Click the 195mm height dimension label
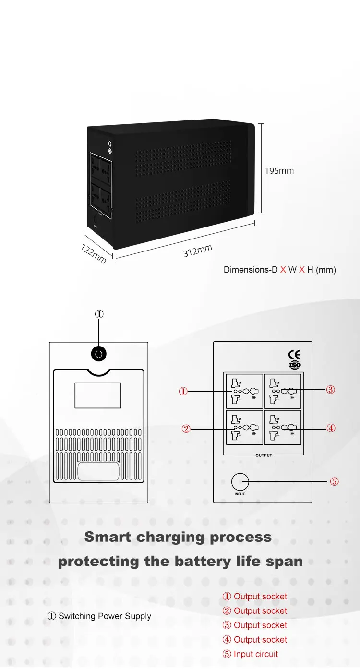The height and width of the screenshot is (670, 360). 279,171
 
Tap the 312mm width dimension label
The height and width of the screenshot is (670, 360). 197,251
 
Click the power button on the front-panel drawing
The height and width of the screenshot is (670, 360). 98,354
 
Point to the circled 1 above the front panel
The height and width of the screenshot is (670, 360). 99,314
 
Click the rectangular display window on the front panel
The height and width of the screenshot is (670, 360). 98,395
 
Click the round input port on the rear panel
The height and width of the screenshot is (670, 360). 240,481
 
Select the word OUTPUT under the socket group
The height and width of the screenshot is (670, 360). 263,455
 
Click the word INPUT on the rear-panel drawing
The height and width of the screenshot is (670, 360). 240,494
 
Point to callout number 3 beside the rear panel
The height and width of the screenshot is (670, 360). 330,390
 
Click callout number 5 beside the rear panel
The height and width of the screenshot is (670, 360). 335,481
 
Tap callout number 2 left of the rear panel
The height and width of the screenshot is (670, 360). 186,429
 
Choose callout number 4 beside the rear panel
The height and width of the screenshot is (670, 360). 330,428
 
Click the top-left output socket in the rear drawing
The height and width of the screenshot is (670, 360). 244,391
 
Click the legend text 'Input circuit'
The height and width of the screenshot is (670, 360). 256,654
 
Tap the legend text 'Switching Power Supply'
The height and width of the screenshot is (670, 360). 105,616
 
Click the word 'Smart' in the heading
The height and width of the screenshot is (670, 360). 108,537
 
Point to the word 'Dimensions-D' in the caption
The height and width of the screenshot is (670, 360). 251,270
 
